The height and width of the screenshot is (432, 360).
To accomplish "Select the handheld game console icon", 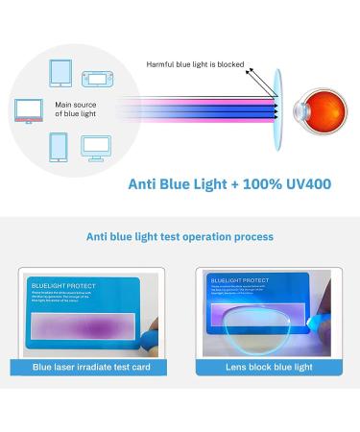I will tap(97, 77).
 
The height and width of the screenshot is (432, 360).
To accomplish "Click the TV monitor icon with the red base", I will tap(29, 110).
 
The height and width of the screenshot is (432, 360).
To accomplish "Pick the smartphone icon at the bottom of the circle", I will tap(58, 147).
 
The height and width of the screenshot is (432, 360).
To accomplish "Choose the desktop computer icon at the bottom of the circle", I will tap(94, 147).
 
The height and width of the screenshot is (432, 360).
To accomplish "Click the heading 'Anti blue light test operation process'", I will tap(180, 236).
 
